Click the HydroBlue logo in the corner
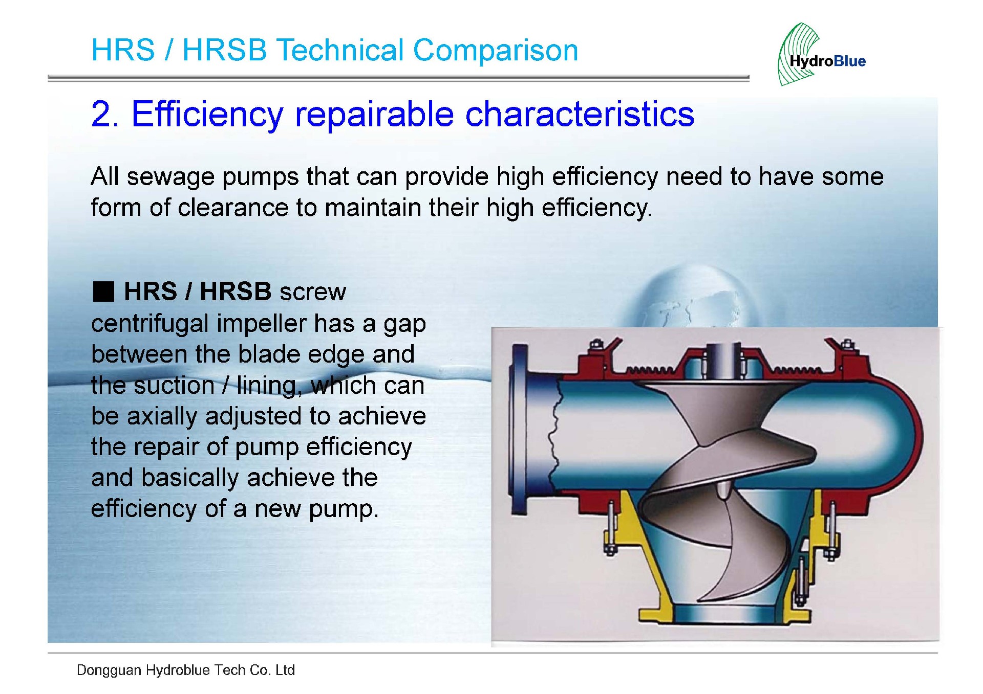[x=821, y=54]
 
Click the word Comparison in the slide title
[x=495, y=50]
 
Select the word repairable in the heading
[x=374, y=114]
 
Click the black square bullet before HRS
[x=103, y=292]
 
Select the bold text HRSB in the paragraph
[x=236, y=291]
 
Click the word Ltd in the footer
[x=285, y=670]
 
